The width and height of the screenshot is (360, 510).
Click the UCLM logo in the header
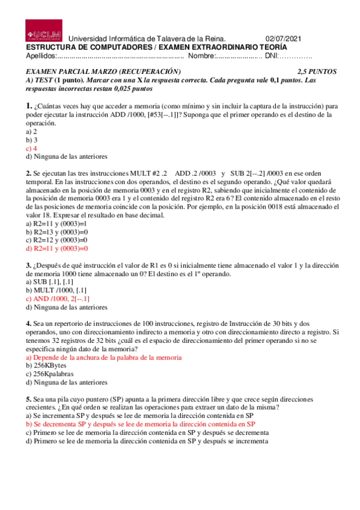coord(43,31)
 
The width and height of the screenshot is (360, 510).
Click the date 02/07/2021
coord(285,38)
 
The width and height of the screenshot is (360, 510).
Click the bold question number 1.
coord(28,106)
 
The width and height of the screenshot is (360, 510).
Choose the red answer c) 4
coord(31,148)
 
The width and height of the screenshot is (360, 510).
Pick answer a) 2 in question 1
coord(31,131)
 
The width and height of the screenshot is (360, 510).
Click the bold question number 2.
coord(28,173)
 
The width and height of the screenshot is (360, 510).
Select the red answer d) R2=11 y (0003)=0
coord(56,248)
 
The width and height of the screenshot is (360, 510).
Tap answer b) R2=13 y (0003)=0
coord(56,232)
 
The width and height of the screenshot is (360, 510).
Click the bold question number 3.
coord(28,265)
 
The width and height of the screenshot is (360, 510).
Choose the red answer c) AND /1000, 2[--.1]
coord(57,298)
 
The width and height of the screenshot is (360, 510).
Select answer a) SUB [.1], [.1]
coord(49,281)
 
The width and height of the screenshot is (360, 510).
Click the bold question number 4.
coord(28,323)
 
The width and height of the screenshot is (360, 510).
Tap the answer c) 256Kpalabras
coord(49,373)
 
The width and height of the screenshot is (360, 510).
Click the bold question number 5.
coord(28,399)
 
